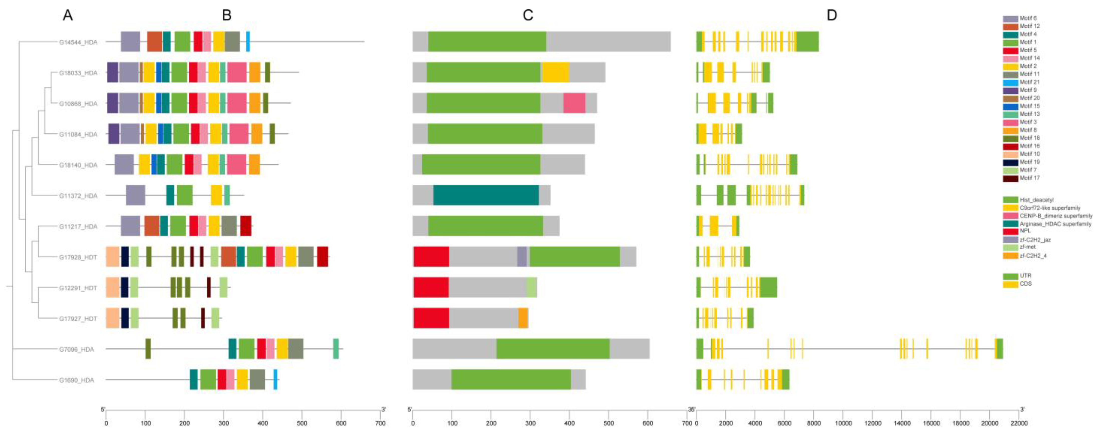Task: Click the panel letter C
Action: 528,15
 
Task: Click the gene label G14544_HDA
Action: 78,42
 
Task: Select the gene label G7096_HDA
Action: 76,349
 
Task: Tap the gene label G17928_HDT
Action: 78,257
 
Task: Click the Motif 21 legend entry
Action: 1029,82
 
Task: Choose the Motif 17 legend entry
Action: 1029,178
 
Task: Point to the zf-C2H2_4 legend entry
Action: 1032,256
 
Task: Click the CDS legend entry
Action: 1025,284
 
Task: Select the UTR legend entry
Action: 1025,276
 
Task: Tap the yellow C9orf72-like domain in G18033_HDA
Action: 555,73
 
